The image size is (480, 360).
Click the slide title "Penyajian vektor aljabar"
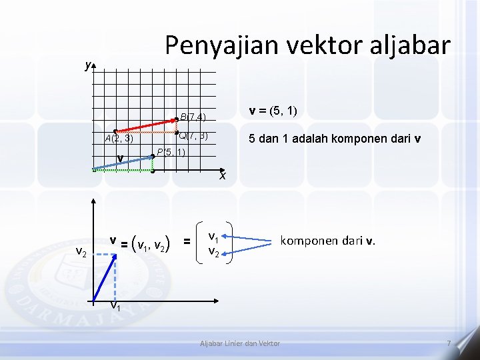(x=307, y=45)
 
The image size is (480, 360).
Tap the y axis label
(x=87, y=65)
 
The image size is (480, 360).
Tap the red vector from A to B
(x=145, y=125)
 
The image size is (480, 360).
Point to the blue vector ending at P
(x=123, y=163)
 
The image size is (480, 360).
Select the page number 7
(x=449, y=343)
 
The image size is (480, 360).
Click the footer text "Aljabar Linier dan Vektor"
(x=241, y=343)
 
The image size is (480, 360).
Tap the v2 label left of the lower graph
(x=81, y=251)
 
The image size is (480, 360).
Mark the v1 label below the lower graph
(x=115, y=307)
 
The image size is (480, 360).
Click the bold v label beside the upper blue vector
(x=120, y=158)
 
